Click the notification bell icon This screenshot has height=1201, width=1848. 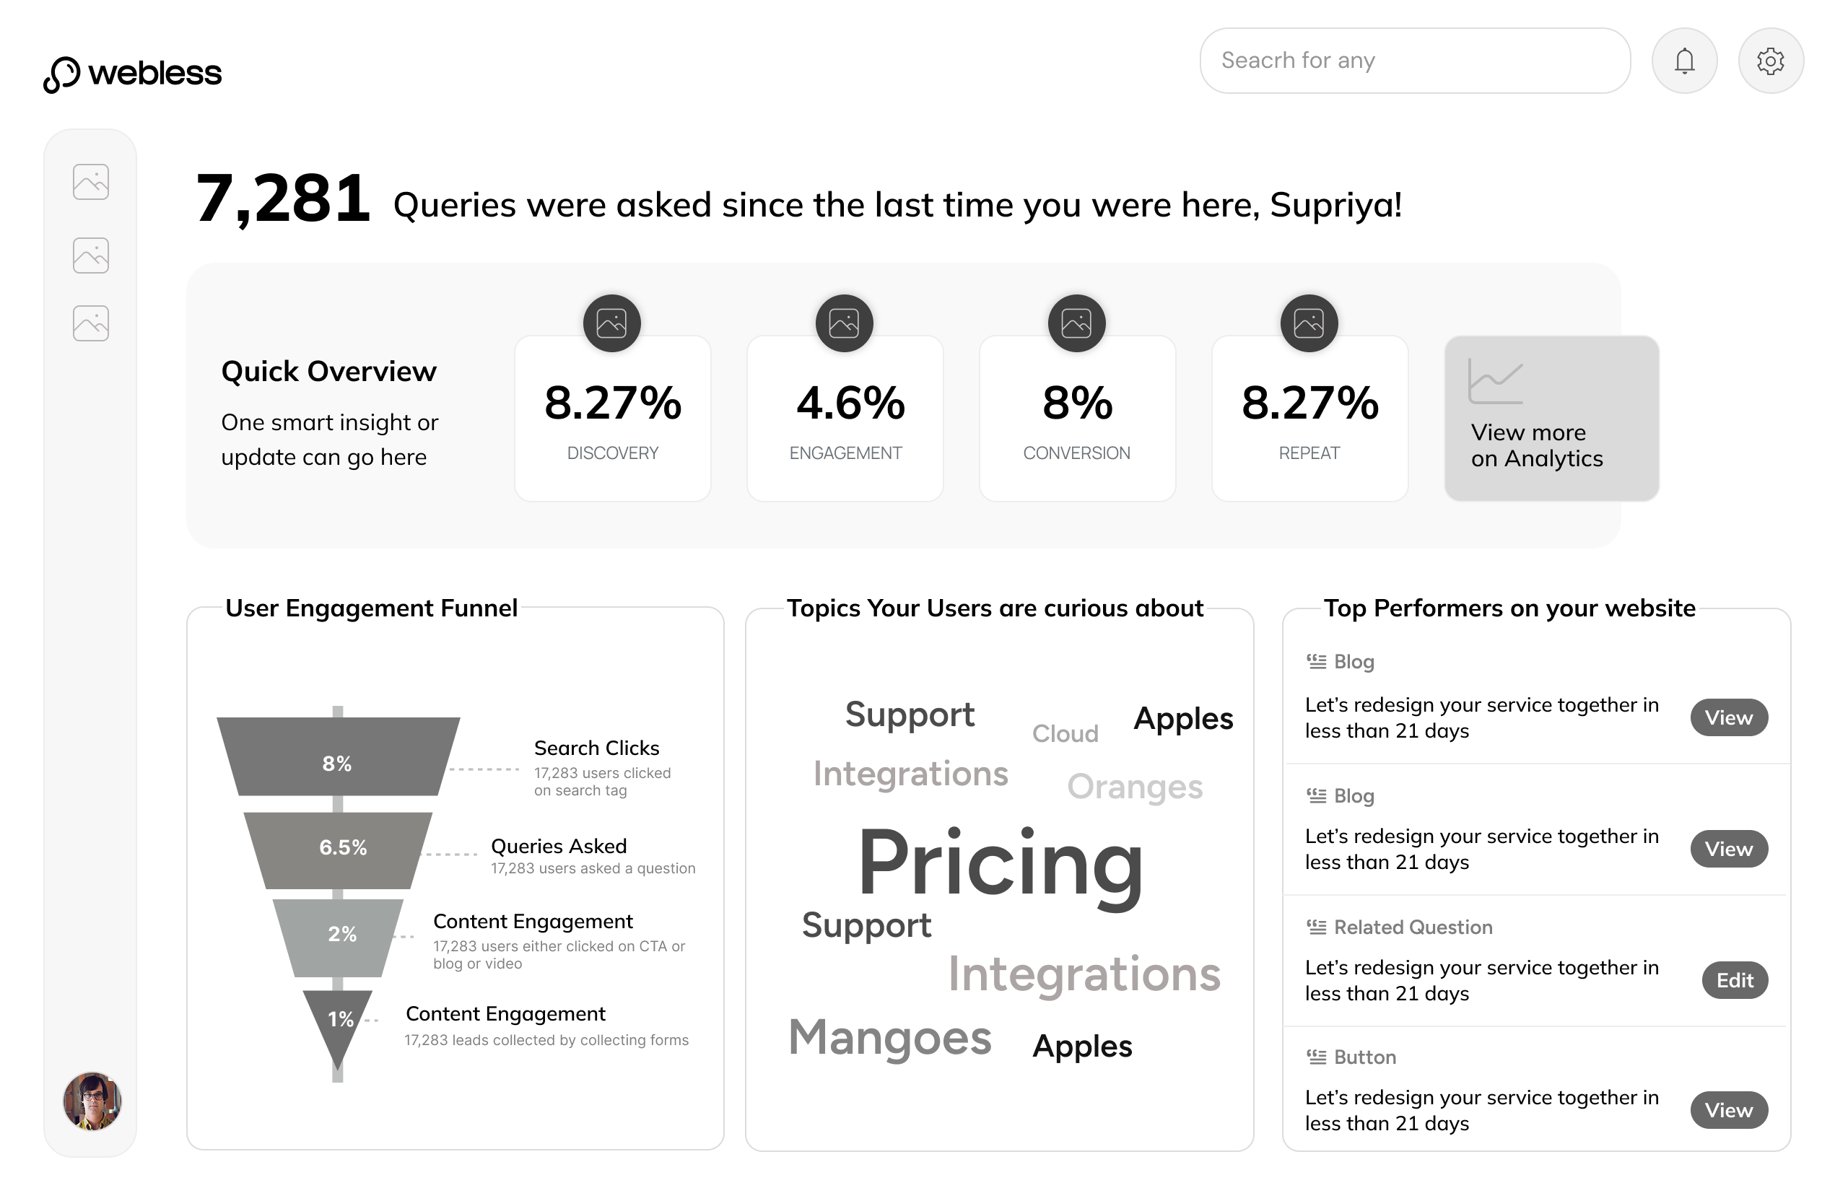pyautogui.click(x=1683, y=61)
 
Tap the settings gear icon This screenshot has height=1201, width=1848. pyautogui.click(x=1769, y=61)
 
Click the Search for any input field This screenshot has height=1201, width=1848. pyautogui.click(x=1414, y=61)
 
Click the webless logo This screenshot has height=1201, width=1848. pyautogui.click(x=133, y=74)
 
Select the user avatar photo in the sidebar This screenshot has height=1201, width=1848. pyautogui.click(x=92, y=1100)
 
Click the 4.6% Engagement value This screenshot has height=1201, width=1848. pyautogui.click(x=850, y=403)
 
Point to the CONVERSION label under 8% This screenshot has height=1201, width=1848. pyautogui.click(x=1076, y=453)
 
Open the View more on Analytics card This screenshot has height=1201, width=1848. pyautogui.click(x=1551, y=419)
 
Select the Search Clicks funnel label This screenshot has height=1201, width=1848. pyautogui.click(x=596, y=748)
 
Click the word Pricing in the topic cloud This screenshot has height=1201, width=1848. pyautogui.click(x=1000, y=863)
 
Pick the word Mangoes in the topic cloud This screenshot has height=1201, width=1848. pyautogui.click(x=890, y=1038)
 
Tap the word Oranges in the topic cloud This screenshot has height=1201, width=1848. pyautogui.click(x=1134, y=787)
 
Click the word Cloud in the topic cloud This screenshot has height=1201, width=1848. pyautogui.click(x=1065, y=733)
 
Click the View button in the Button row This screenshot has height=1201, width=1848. pyautogui.click(x=1727, y=1110)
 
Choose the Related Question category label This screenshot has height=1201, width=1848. pyautogui.click(x=1413, y=927)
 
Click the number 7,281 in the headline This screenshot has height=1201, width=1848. pyautogui.click(x=284, y=199)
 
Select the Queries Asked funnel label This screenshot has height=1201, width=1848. pyautogui.click(x=558, y=845)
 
